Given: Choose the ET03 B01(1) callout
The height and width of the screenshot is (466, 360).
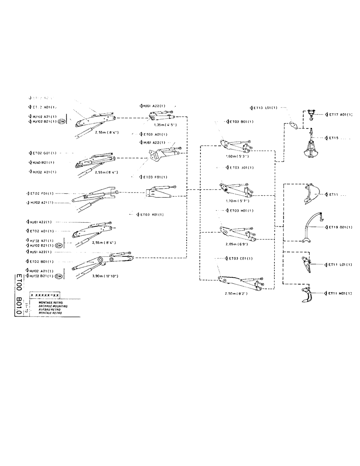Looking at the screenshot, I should pos(241,122).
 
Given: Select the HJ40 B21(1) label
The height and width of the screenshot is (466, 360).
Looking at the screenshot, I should pos(42,162).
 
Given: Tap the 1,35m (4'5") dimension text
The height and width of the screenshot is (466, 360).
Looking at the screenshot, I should pos(166,124).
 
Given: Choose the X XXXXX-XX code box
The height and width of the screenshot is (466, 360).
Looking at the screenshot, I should pos(45,295).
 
